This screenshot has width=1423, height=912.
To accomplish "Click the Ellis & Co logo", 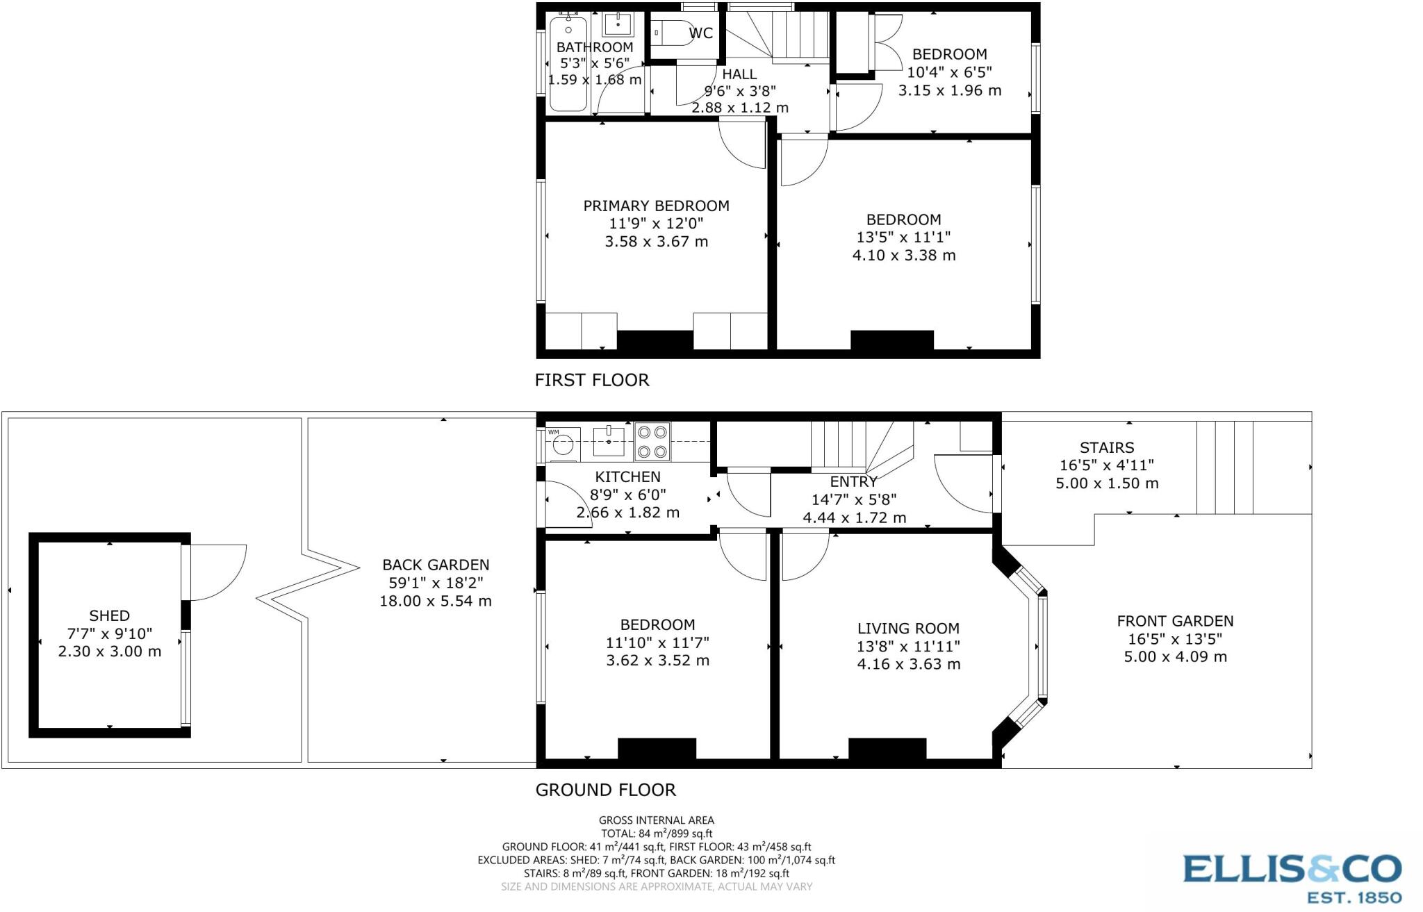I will [x=1292, y=877].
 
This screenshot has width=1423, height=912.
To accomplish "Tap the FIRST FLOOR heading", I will [x=592, y=380].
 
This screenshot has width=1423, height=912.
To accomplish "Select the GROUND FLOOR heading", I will [x=605, y=790].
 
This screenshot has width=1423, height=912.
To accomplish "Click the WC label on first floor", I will [x=700, y=33].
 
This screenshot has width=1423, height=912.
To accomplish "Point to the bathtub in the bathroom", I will [x=568, y=66].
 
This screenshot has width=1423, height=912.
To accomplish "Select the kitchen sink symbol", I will [x=609, y=440].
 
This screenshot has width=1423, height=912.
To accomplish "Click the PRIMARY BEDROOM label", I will [x=656, y=206].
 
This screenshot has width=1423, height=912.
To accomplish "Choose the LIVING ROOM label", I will [x=908, y=629].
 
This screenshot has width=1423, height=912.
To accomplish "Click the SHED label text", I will [x=109, y=615].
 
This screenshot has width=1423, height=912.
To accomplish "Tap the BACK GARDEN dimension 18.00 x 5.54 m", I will [x=435, y=601].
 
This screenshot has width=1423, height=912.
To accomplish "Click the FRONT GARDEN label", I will [x=1175, y=621].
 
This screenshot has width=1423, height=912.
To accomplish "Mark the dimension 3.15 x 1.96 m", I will [x=949, y=90].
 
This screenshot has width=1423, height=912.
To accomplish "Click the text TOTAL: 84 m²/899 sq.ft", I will [x=656, y=834].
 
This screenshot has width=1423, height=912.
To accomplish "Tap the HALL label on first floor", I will [x=739, y=74].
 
